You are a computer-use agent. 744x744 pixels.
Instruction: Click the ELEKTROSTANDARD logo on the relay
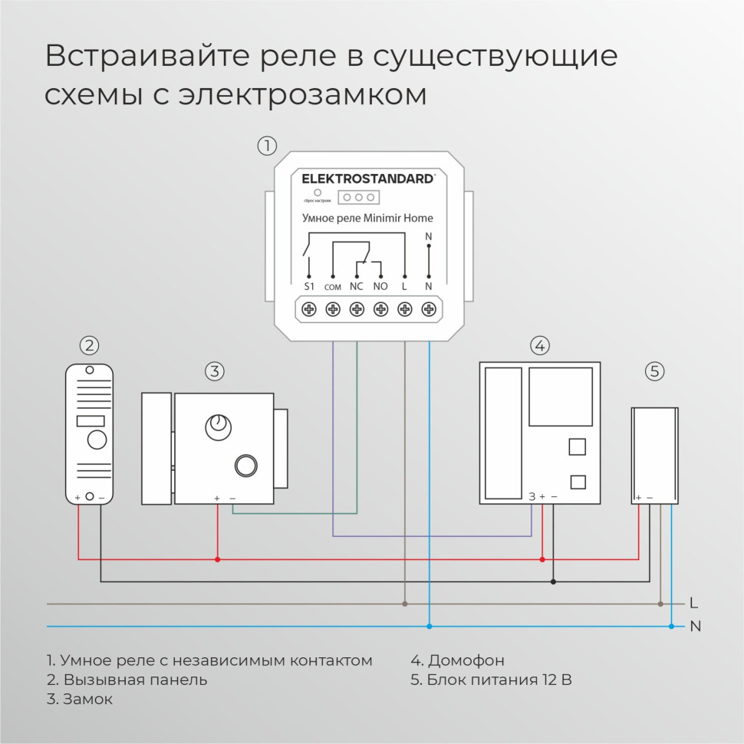coord(367,179)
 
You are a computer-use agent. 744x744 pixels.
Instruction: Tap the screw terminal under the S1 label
coord(308,309)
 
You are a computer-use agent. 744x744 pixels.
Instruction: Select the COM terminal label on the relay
coord(332,287)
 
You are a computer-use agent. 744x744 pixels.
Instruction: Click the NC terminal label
coord(356,286)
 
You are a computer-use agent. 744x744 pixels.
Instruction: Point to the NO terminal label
coord(380,286)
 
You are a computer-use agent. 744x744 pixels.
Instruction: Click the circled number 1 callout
coord(266,145)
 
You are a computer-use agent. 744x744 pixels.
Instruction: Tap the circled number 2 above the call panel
coord(90,345)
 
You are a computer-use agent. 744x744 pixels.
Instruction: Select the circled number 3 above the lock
coord(214,372)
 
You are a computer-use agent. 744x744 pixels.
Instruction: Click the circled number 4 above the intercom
coord(540,345)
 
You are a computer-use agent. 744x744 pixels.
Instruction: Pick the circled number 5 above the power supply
coord(653,372)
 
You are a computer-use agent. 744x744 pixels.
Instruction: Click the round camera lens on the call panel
coord(97,440)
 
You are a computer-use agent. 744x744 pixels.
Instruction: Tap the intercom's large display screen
coord(561,397)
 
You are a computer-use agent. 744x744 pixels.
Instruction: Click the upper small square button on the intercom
coord(578,446)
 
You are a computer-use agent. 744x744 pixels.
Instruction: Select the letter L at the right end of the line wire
coord(693,603)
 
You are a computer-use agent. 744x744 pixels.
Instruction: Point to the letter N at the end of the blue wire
coord(695,627)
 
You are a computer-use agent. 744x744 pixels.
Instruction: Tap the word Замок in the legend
coord(88,699)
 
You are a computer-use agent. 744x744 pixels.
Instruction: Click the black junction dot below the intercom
coord(553,581)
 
